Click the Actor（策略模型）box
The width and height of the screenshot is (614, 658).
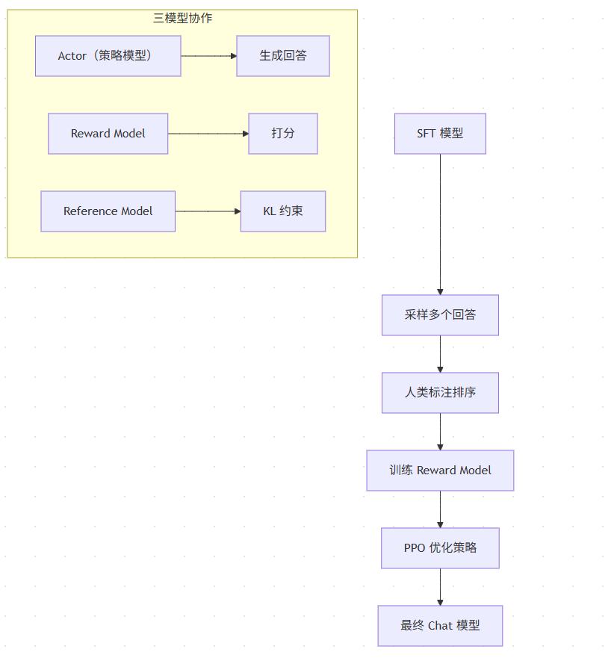108,56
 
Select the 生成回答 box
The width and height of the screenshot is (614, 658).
283,56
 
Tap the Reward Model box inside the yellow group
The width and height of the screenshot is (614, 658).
108,134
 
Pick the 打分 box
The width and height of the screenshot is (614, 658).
283,134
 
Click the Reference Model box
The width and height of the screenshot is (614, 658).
108,211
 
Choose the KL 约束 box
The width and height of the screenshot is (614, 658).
283,211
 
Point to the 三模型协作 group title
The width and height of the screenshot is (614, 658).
182,18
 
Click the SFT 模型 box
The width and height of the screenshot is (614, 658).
440,134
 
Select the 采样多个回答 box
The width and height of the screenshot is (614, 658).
440,315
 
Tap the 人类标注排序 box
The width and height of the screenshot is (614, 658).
440,393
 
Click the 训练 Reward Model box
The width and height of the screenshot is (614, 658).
440,471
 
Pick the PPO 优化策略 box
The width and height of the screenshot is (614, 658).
440,548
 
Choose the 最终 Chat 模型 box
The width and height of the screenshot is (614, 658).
440,626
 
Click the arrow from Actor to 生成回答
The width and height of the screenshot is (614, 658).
209,56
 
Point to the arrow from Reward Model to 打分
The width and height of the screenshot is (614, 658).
208,134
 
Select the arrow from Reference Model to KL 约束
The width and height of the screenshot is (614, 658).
208,211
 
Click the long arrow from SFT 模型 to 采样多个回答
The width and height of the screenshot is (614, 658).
440,225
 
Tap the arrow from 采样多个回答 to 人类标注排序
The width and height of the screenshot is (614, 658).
440,354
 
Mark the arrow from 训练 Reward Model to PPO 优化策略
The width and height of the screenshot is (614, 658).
440,509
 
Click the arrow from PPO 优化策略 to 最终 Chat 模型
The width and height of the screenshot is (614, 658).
440,587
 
